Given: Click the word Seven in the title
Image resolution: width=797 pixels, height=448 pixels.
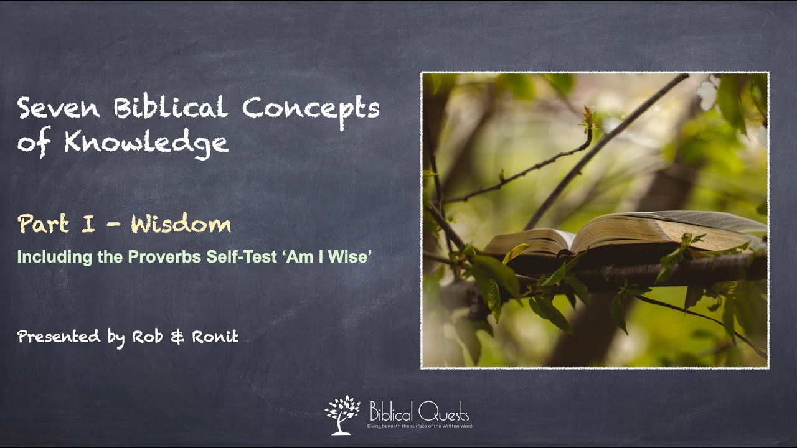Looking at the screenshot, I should [x=59, y=110].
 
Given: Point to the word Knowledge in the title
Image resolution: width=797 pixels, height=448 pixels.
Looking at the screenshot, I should [x=146, y=144].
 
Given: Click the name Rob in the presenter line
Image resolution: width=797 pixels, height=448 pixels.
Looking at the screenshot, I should [x=149, y=338].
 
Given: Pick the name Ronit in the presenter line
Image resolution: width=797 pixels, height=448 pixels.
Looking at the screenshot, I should [x=214, y=338].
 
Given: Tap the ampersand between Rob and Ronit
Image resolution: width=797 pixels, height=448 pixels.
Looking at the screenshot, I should [x=177, y=338].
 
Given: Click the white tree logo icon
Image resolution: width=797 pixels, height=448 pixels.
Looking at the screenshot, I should [x=342, y=414].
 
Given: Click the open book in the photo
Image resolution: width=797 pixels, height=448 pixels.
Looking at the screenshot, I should [x=623, y=233].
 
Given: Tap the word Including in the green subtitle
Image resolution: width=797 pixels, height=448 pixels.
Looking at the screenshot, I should [x=47, y=256].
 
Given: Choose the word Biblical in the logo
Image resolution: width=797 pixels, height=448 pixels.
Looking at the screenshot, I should [x=390, y=411].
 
